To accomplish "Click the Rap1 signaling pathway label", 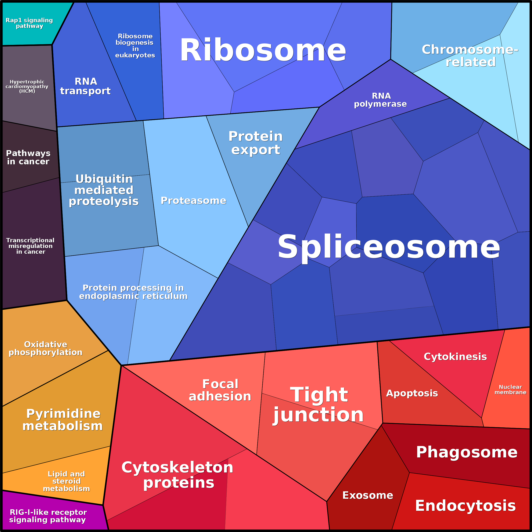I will [29, 23].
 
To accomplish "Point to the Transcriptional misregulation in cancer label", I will [30, 246].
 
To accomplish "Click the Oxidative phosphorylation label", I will [46, 348].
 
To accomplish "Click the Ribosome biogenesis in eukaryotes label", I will [135, 46].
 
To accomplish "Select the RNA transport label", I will [85, 86].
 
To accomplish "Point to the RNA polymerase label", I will [381, 100].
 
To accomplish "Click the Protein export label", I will [256, 143].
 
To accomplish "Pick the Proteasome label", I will [193, 201].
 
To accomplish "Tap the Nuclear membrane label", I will [510, 390].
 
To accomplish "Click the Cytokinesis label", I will [455, 357].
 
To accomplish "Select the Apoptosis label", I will [412, 393].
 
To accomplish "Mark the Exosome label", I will [368, 495].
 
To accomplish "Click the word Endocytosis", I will [465, 506].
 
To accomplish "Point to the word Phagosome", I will [467, 452].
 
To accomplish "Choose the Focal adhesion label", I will [220, 390].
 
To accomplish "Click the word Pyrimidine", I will [63, 414].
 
